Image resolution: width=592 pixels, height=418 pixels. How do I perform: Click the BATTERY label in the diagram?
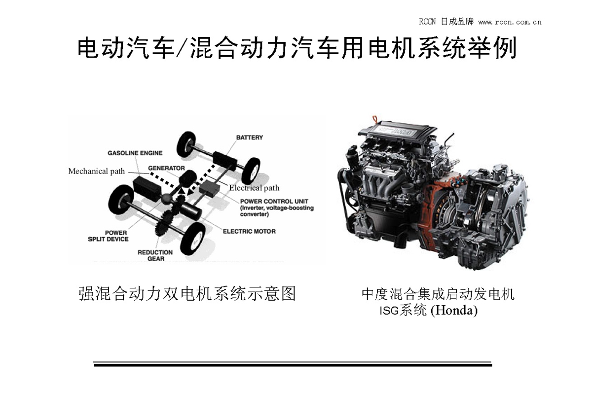pos(249,138)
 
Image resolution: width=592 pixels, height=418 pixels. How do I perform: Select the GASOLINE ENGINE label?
pos(135,153)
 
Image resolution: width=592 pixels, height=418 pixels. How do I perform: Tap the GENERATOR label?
pos(166,169)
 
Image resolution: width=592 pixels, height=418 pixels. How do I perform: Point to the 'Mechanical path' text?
pos(96,172)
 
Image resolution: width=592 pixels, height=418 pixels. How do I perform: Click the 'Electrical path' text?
pos(254,188)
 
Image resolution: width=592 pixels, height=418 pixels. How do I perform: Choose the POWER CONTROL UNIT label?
pos(274,202)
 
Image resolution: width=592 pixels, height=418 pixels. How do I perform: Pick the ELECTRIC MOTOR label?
pos(249,231)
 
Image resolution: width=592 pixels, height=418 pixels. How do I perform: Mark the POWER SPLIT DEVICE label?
pos(108,236)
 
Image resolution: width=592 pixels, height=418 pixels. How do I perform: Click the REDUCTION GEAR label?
pos(155,255)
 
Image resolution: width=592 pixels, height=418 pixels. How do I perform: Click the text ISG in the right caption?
pos(388,311)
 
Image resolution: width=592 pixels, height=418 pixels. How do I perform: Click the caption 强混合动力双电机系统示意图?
pos(187,294)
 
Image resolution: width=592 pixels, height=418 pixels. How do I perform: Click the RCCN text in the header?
pos(428,22)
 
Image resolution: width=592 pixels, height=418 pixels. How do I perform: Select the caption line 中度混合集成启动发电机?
pos(438,294)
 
